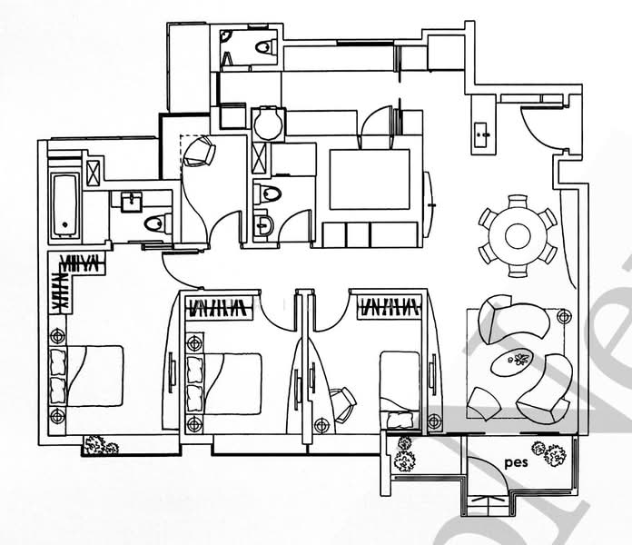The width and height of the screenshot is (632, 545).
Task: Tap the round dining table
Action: [518, 235]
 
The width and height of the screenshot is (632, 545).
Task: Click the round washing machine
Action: [267, 124]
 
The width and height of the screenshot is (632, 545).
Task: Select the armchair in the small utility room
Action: [200, 154]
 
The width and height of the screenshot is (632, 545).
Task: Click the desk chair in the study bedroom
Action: [343, 402]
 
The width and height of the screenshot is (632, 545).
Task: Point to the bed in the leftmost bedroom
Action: [89, 373]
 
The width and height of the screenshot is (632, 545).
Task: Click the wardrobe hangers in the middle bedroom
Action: [218, 306]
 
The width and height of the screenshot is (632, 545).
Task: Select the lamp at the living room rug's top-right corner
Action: [564, 317]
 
